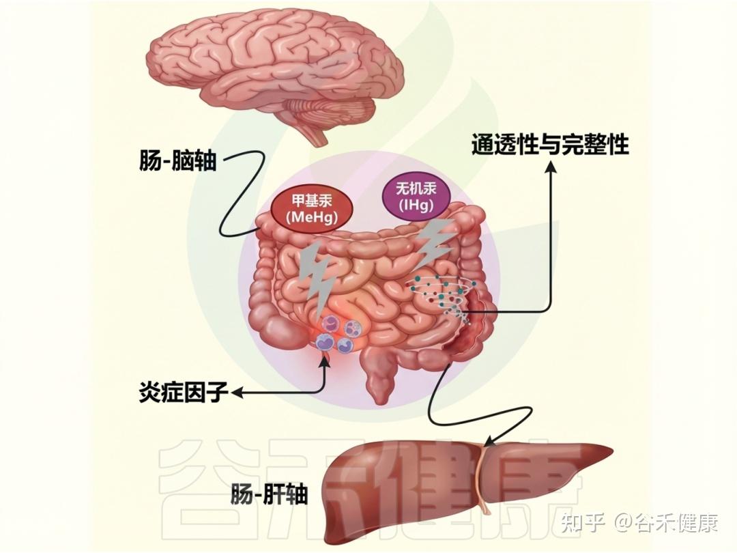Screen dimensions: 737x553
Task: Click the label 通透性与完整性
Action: point(550,145)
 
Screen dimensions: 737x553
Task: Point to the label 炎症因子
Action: point(182,393)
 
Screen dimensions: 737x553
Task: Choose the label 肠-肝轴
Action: point(269,493)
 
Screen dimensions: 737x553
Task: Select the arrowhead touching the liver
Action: point(489,443)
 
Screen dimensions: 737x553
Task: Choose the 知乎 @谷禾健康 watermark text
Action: point(639,524)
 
